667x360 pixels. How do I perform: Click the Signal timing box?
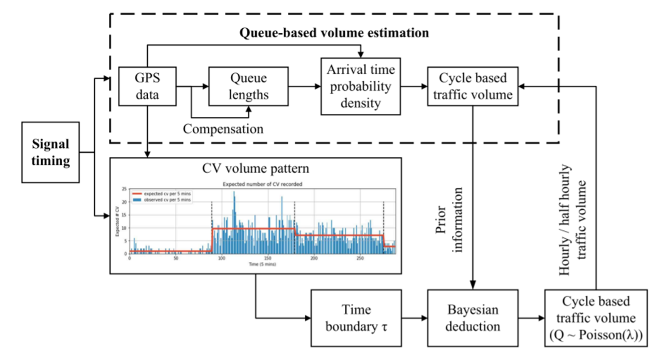(x=50, y=152)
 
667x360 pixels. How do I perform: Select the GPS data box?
(x=147, y=86)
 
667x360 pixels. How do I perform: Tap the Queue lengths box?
(x=249, y=86)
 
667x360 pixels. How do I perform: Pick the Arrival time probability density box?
(x=361, y=86)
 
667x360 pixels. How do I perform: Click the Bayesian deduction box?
(x=472, y=318)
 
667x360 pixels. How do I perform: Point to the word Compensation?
(x=223, y=129)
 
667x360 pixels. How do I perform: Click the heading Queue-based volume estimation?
(x=334, y=33)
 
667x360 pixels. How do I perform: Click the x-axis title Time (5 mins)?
(x=262, y=264)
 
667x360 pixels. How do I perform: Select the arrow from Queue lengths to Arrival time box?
(x=305, y=87)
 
